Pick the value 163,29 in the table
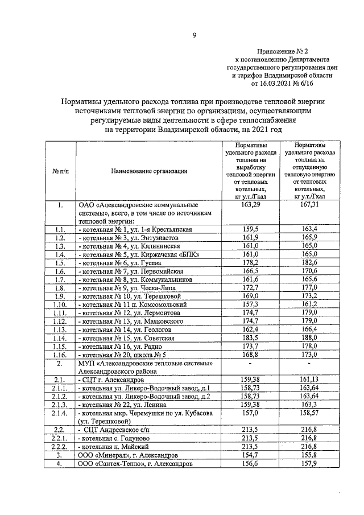[250, 204]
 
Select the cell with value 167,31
[311, 204]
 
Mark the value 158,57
[311, 413]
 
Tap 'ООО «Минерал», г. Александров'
[129, 455]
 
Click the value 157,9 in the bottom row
[311, 464]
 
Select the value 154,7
[250, 455]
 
